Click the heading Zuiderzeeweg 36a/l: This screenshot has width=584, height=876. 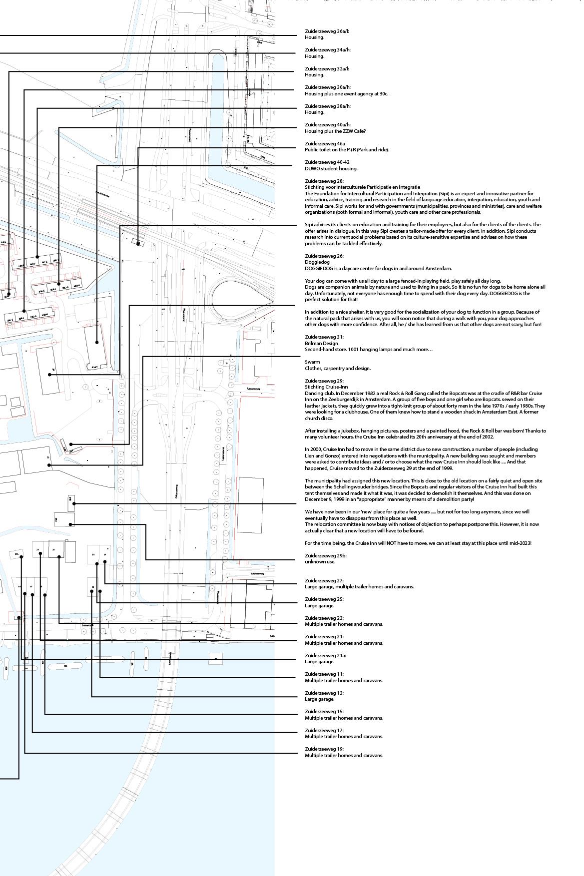click(327, 31)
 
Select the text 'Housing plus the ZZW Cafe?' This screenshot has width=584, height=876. click(335, 131)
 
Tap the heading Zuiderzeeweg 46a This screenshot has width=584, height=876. click(325, 144)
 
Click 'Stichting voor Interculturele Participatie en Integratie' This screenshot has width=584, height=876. click(362, 187)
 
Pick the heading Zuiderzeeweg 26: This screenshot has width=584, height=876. click(324, 256)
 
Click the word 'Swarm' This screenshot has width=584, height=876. click(312, 362)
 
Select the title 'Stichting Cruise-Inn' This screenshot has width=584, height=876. click(326, 387)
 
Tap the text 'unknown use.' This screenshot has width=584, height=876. click(320, 562)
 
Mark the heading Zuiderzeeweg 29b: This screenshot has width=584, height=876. click(326, 556)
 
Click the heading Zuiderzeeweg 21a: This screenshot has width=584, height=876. click(325, 656)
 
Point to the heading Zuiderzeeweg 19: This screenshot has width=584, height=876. click(324, 749)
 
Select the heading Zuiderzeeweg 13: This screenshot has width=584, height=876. click(324, 693)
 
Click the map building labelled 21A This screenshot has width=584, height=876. click(16, 554)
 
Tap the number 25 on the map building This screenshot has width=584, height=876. click(93, 554)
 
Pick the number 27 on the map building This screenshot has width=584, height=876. click(105, 554)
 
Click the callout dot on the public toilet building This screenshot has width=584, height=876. click(138, 244)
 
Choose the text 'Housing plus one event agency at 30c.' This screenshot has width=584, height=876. click(346, 94)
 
